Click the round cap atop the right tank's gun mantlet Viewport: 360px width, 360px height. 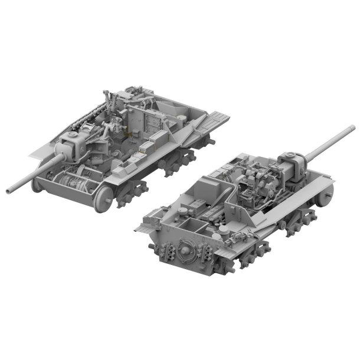point(292,154)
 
